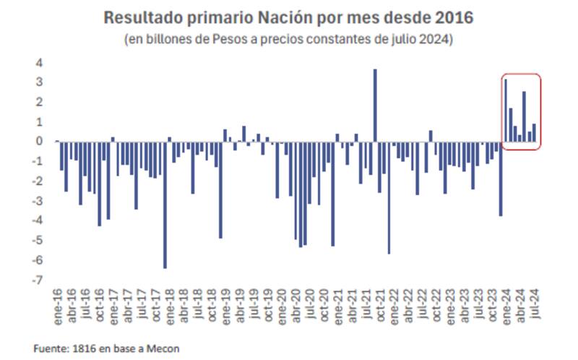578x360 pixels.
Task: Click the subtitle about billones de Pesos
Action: click(289, 38)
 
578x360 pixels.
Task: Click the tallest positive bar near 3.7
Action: click(375, 105)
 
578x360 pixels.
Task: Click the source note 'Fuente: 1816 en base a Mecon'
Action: click(106, 348)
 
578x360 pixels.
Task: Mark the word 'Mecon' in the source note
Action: click(163, 348)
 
